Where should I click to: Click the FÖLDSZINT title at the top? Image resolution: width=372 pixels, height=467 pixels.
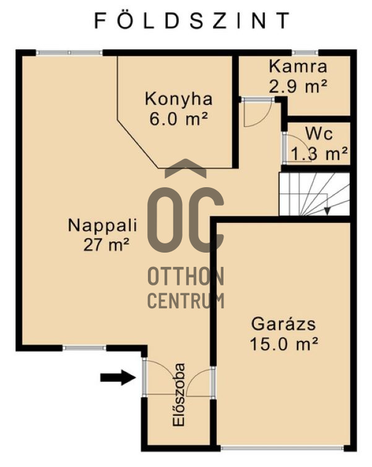(191, 22)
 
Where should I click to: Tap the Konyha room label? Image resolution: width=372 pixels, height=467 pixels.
(178, 99)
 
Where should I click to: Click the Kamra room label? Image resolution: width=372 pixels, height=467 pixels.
(298, 67)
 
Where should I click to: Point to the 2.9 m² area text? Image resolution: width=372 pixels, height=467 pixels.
(298, 86)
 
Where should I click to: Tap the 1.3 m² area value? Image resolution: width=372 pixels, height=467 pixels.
(319, 153)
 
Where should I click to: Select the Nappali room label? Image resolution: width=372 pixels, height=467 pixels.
(102, 225)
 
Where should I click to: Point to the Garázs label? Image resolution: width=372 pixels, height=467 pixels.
(284, 324)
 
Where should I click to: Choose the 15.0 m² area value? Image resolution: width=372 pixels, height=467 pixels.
(285, 343)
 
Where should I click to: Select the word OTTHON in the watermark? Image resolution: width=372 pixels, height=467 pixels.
(186, 276)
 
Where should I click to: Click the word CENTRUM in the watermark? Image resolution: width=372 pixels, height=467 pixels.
(186, 301)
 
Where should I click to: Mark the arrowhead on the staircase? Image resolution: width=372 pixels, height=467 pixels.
(327, 211)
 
